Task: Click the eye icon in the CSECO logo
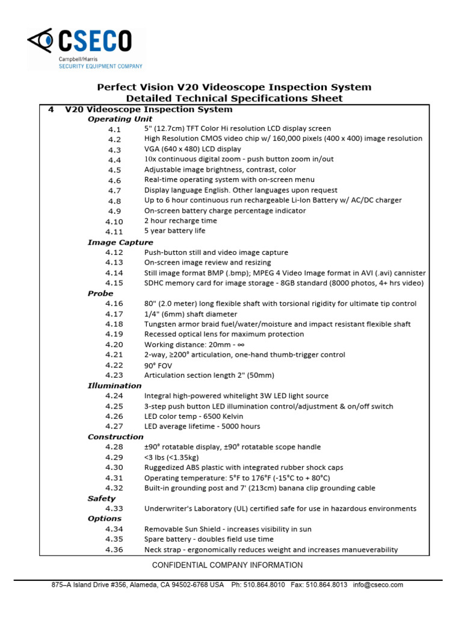coord(42,42)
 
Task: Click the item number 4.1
coord(114,130)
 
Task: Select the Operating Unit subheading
coord(120,119)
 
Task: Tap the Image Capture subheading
coord(120,242)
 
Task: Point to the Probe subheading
coord(100,293)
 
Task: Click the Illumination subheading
coord(115,386)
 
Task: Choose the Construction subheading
coord(115,437)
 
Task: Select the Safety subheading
coord(101,498)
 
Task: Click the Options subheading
coord(104,519)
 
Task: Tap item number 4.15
coord(114,283)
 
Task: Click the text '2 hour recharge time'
coord(181,221)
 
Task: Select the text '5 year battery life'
coord(174,231)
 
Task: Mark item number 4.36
coord(114,550)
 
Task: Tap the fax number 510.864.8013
coord(328,584)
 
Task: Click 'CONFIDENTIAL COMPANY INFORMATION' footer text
coord(227,565)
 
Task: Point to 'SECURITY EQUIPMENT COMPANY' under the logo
coord(100,66)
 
